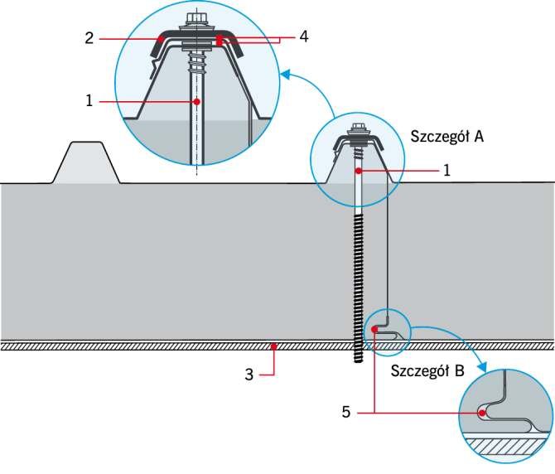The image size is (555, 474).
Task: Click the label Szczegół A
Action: click(446, 136)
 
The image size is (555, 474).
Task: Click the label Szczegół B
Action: click(427, 370)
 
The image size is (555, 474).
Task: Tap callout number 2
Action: click(89, 38)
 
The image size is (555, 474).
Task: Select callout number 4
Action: click(304, 36)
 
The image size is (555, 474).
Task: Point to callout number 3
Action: click(249, 375)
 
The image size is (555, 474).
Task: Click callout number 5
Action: click(346, 412)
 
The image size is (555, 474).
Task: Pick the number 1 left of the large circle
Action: click(89, 101)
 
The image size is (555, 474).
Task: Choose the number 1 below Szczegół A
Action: click(446, 171)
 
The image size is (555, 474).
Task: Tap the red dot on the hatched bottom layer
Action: click(273, 346)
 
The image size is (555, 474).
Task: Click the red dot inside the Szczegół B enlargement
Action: click(482, 413)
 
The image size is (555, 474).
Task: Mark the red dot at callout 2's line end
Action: click(162, 39)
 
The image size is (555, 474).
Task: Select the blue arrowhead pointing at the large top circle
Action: click(285, 74)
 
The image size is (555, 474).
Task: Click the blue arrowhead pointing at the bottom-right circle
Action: click(481, 367)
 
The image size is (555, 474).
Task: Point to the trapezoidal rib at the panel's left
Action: click(86, 162)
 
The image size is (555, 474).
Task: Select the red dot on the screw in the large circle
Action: click(197, 102)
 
